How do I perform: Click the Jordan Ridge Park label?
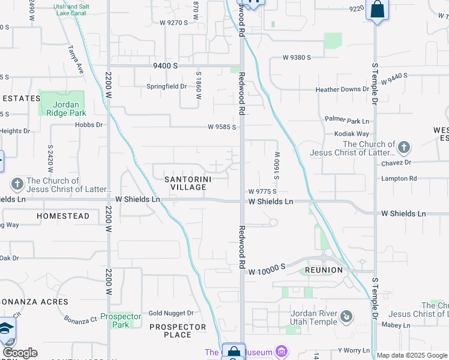[65, 109]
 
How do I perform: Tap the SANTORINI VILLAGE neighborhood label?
[186, 183]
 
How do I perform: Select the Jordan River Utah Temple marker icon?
[346, 316]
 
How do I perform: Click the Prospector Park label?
[121, 320]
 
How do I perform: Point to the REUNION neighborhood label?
[324, 270]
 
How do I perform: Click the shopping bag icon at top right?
[377, 10]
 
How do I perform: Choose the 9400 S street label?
[164, 65]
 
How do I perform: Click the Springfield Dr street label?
[167, 86]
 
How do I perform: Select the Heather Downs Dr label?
[343, 89]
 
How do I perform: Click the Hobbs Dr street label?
[89, 125]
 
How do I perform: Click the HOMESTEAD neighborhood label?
[63, 215]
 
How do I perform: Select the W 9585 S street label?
[222, 127]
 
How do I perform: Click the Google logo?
[20, 353]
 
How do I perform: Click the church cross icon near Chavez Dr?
[404, 147]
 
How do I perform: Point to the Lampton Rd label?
[399, 179]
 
